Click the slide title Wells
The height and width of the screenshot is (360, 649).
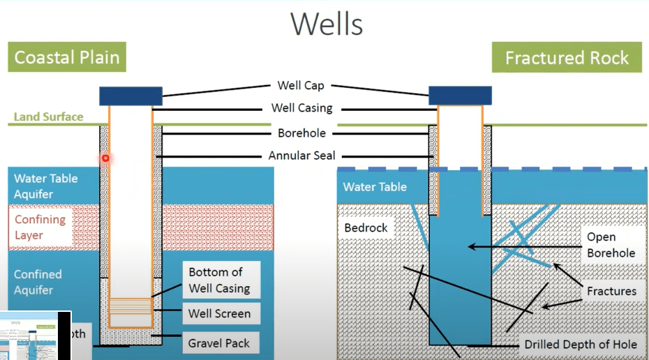327,23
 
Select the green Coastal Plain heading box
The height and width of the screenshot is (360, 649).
67,57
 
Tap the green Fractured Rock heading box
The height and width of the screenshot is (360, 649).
567,57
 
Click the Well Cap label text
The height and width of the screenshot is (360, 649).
300,86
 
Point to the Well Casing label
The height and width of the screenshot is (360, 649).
301,108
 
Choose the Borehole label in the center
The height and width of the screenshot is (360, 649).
301,133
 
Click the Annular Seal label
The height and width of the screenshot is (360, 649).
301,156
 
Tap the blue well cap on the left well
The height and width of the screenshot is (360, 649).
130,96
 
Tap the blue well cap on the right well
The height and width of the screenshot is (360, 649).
459,95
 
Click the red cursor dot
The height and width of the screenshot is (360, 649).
105,158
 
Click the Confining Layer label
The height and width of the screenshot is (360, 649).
40,227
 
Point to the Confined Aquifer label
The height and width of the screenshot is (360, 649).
38,282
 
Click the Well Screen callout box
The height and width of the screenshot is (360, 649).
219,313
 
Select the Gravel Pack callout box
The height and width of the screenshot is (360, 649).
219,343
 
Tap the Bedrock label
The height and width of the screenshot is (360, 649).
366,228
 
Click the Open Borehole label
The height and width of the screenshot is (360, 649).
611,245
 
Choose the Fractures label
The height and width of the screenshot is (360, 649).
611,291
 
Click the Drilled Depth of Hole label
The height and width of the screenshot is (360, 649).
581,344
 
